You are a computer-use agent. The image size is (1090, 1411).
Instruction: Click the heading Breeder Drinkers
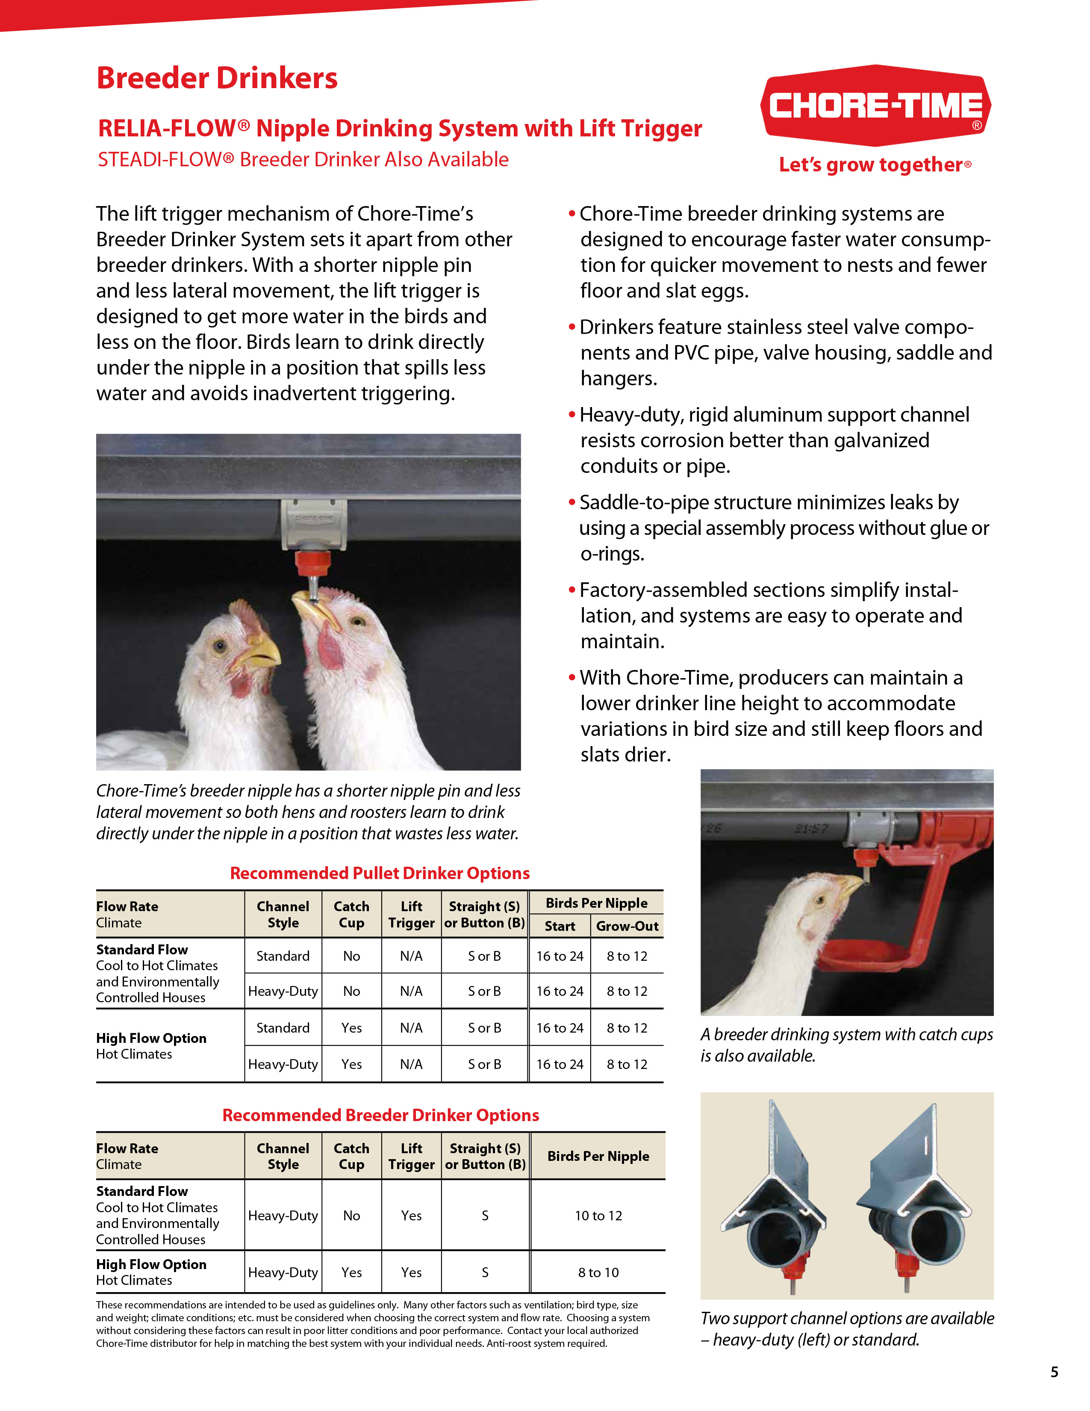point(217,78)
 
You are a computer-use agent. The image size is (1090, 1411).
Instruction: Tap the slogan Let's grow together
point(875,165)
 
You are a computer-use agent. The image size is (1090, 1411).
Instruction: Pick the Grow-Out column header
point(627,926)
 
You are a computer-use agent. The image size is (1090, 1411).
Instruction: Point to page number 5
point(1054,1372)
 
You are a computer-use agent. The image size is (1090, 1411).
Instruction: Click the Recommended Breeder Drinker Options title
point(380,1115)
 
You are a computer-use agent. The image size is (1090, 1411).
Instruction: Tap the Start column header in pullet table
point(560,926)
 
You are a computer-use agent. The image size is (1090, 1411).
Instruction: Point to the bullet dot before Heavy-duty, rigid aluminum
point(572,414)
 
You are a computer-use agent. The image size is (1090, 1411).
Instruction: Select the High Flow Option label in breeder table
point(151,1264)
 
